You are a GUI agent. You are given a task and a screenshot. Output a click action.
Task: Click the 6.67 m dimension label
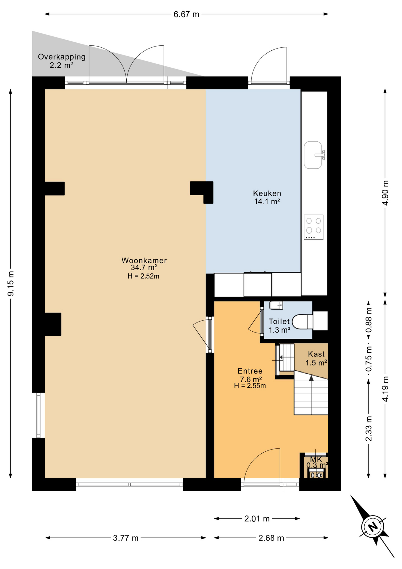tap(186, 14)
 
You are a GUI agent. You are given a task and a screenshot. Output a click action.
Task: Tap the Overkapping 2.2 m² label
tap(62, 61)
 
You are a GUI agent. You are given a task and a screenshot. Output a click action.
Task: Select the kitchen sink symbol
tap(313, 155)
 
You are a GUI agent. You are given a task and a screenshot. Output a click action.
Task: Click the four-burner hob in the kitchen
tap(313, 227)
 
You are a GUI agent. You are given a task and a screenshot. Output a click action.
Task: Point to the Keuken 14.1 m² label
tap(267, 197)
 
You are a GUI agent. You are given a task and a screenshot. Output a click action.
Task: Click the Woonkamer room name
tap(144, 260)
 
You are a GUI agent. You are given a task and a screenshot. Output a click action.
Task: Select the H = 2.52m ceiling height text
tap(144, 276)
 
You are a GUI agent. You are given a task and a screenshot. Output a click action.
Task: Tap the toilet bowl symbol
tap(302, 322)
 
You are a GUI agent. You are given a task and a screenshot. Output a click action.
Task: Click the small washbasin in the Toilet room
tap(276, 305)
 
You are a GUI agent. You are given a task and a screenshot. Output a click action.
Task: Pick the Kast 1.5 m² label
tap(316, 358)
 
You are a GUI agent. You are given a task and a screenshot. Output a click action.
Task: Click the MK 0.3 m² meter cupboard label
tap(316, 462)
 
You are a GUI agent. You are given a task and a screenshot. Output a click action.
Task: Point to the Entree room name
tap(250, 371)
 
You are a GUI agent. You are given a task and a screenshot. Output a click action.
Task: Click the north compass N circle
tap(373, 527)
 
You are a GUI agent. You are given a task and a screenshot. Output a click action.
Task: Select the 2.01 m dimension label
tap(257, 519)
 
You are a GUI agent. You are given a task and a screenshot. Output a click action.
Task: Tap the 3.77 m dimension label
tap(126, 538)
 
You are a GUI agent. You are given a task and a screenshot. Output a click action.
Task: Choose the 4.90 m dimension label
tap(385, 193)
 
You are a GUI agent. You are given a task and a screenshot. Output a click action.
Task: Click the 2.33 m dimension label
tap(369, 429)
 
